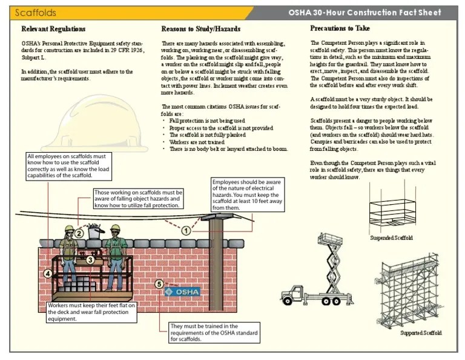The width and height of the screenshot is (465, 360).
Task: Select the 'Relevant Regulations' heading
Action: pos(53,28)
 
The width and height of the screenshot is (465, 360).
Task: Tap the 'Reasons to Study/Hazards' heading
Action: pos(200,28)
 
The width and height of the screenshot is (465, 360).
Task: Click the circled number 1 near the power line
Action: pos(186,230)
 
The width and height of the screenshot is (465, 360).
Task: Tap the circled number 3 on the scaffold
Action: pos(90,259)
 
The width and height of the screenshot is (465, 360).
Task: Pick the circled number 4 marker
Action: pos(47,273)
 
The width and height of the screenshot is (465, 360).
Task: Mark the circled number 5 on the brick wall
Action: pos(159,283)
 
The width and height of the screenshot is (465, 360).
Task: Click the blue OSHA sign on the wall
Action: pos(182,292)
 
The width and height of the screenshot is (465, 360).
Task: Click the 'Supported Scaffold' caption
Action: pos(421,333)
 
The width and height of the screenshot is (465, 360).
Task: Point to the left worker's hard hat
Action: pos(69,228)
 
